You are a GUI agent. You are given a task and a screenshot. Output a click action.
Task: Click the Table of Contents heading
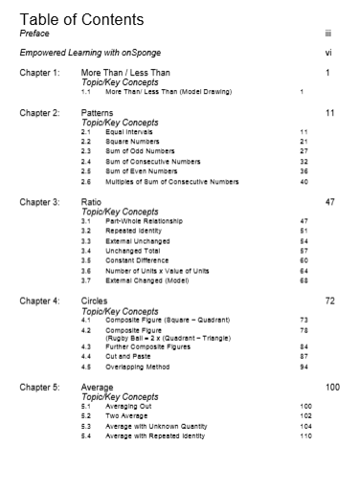pyautogui.click(x=81, y=19)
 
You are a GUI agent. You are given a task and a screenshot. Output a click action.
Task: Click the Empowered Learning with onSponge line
pyautogui.click(x=76, y=53)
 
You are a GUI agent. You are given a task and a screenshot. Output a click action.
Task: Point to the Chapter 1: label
pyautogui.click(x=40, y=73)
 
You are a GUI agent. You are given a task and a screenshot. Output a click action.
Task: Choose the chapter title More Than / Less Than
pyautogui.click(x=125, y=73)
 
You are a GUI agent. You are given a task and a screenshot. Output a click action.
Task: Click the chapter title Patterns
pyautogui.click(x=98, y=113)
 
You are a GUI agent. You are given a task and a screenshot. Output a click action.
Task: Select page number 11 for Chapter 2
pyautogui.click(x=329, y=113)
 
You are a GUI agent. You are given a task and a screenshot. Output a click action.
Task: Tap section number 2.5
pyautogui.click(x=86, y=170)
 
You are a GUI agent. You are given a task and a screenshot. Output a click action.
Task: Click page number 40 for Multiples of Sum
pyautogui.click(x=304, y=180)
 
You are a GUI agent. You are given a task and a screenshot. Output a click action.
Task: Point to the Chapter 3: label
pyautogui.click(x=40, y=203)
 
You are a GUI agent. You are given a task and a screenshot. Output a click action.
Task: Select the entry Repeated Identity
pyautogui.click(x=134, y=231)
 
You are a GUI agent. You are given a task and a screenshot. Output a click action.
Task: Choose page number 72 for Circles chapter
pyautogui.click(x=329, y=301)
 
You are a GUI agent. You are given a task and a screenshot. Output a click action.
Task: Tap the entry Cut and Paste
pyautogui.click(x=127, y=356)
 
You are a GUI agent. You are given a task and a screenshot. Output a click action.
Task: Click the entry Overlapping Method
pyautogui.click(x=138, y=366)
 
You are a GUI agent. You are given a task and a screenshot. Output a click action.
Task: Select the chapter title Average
pyautogui.click(x=99, y=388)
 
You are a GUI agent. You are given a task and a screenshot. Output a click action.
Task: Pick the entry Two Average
pyautogui.click(x=125, y=416)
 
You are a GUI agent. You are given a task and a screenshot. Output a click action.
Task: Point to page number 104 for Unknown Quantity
pyautogui.click(x=305, y=426)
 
